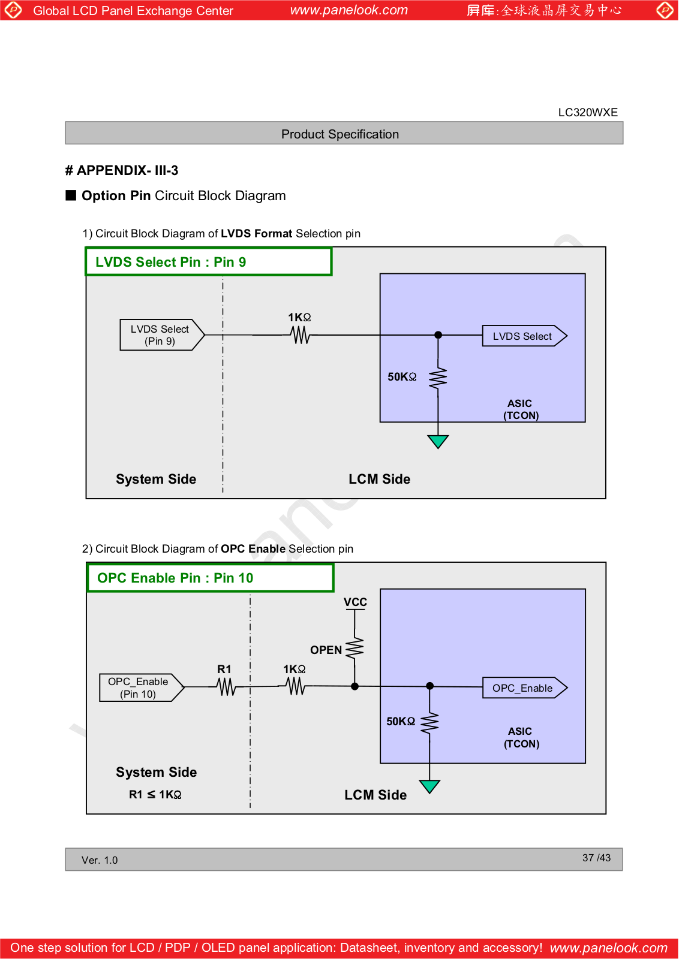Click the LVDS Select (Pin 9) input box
(162, 335)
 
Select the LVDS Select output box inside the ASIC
(524, 336)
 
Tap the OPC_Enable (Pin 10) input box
(142, 687)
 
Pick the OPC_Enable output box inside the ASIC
(525, 688)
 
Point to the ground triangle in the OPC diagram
(429, 786)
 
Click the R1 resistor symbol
(226, 687)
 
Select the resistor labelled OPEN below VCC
(354, 649)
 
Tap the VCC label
(355, 602)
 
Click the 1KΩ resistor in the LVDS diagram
(300, 335)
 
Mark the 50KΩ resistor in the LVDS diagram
(438, 378)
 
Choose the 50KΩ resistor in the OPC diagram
(429, 723)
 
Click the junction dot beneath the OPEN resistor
(354, 686)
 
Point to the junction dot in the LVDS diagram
(438, 335)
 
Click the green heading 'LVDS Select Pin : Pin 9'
(170, 262)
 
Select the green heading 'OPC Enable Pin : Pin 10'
(175, 578)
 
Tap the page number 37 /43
(596, 858)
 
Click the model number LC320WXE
(588, 113)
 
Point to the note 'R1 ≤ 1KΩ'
(155, 795)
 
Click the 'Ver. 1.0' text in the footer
(100, 860)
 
